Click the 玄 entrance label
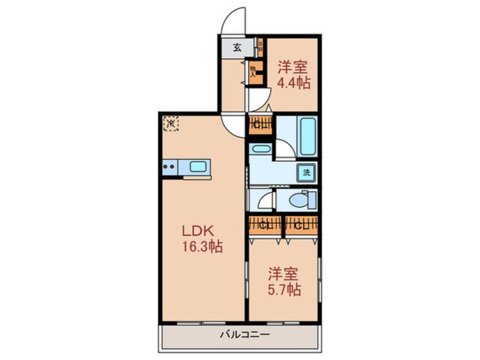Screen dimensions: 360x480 pyautogui.click(x=236, y=47)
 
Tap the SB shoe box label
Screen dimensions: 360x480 pyautogui.click(x=260, y=46)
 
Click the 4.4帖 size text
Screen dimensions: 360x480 pyautogui.click(x=293, y=83)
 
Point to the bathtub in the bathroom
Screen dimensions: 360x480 pyautogui.click(x=308, y=136)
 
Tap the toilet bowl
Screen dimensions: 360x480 pyautogui.click(x=298, y=200)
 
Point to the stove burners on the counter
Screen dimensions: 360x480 pyautogui.click(x=169, y=167)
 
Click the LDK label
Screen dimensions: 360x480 pyautogui.click(x=196, y=232)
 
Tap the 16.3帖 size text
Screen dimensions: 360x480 pyautogui.click(x=201, y=247)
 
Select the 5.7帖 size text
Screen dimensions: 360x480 pyautogui.click(x=284, y=288)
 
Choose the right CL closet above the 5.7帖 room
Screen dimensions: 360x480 pyautogui.click(x=301, y=224)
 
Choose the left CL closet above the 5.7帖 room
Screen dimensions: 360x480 pyautogui.click(x=264, y=224)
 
